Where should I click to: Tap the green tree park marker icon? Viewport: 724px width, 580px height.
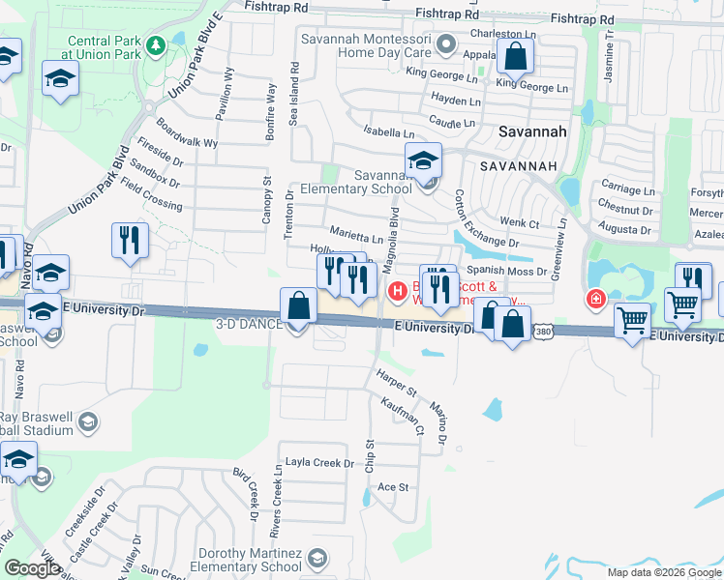click(x=155, y=45)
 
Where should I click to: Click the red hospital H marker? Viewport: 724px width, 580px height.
click(x=396, y=290)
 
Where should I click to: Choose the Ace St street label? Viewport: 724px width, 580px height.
click(x=393, y=486)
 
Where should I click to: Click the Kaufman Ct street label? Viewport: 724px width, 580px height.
click(x=403, y=416)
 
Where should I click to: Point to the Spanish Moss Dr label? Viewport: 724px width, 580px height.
click(x=507, y=272)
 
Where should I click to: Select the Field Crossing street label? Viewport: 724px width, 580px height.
click(x=154, y=199)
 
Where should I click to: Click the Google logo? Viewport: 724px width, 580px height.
click(x=33, y=568)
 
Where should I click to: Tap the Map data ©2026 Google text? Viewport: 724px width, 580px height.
click(x=664, y=572)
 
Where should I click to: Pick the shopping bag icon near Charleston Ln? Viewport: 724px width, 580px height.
click(x=515, y=57)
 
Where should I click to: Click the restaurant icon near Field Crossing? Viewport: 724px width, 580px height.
click(x=130, y=241)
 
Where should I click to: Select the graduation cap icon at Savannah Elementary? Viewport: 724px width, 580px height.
click(x=423, y=160)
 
